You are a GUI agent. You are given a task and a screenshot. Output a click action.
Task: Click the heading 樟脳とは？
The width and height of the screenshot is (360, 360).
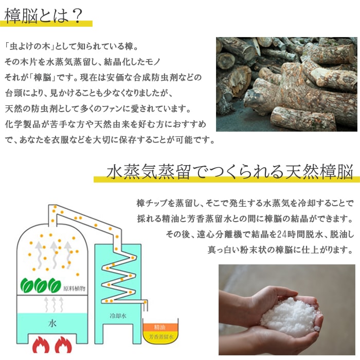click(x=44, y=15)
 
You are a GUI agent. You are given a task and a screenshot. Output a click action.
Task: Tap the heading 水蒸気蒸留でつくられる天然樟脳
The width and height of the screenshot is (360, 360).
click(x=229, y=172)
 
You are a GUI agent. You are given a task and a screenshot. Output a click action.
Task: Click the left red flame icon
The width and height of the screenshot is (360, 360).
click(x=41, y=345)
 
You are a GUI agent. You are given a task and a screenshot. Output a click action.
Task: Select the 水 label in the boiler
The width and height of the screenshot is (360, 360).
click(x=52, y=323)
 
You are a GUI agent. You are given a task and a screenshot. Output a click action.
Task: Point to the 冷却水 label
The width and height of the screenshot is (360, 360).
click(x=118, y=316)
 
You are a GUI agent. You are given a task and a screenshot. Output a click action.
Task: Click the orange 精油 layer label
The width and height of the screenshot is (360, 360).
click(x=160, y=327)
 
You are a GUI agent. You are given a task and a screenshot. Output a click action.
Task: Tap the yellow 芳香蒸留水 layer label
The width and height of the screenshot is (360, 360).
click(x=161, y=337)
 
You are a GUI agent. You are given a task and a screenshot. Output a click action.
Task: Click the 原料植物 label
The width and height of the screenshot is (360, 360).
click(x=75, y=289)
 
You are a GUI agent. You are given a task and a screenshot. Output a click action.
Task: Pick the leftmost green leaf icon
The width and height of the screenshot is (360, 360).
click(x=27, y=285)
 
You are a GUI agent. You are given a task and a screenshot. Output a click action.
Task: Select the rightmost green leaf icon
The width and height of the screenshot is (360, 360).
click(x=55, y=285)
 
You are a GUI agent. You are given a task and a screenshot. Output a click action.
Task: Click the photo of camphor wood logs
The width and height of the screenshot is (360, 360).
click(x=286, y=84)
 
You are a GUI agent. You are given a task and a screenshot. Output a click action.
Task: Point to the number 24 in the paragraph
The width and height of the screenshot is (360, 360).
click(x=282, y=235)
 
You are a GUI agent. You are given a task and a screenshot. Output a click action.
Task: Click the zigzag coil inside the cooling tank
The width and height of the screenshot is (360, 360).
click(x=119, y=278)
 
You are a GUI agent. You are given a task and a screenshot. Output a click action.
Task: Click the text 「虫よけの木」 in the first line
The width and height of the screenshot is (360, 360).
click(x=30, y=47)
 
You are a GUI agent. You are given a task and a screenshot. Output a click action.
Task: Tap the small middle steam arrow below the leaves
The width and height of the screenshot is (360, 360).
click(x=53, y=304)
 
